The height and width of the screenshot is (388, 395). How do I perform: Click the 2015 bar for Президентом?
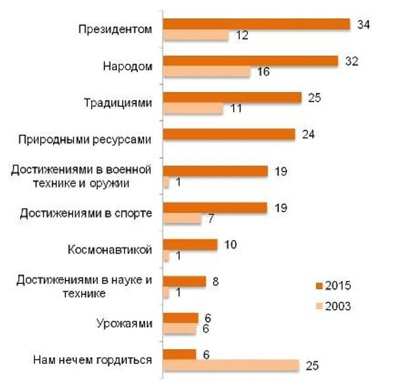click(256, 25)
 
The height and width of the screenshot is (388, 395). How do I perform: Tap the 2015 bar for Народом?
click(250, 61)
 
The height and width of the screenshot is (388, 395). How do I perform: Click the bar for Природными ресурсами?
click(229, 135)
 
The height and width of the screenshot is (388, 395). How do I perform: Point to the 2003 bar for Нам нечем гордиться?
click(231, 366)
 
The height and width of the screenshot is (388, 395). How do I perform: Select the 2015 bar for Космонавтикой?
click(190, 245)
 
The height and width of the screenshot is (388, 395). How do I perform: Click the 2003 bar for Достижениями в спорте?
click(182, 219)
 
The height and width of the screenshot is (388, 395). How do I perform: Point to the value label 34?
click(364, 25)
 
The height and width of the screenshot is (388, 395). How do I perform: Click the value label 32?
click(351, 61)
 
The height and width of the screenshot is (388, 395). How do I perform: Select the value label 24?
click(308, 134)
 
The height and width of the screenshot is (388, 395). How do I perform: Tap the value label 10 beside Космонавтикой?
click(231, 245)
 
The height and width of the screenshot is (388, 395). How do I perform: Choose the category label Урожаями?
click(125, 324)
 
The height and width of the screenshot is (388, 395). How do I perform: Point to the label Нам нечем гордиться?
click(92, 360)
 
